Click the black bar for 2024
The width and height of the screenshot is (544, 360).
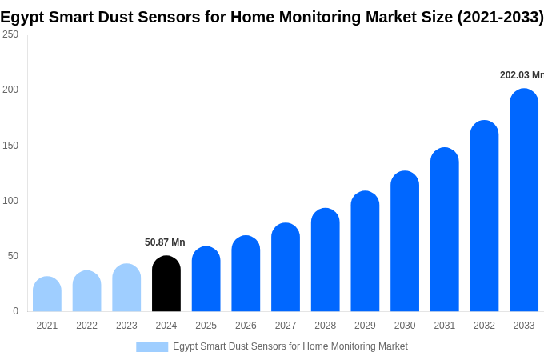pyautogui.click(x=166, y=284)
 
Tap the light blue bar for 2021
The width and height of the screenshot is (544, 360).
pyautogui.click(x=47, y=294)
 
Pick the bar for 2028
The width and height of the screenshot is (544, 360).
pyautogui.click(x=326, y=260)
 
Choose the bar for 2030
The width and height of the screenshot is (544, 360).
pyautogui.click(x=405, y=242)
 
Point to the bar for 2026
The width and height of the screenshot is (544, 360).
pyautogui.click(x=246, y=274)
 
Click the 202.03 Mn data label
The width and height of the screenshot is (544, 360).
pyautogui.click(x=522, y=75)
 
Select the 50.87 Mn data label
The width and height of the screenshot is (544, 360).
pyautogui.click(x=165, y=242)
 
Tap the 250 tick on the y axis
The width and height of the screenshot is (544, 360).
pyautogui.click(x=10, y=34)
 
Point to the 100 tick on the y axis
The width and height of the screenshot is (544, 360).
pyautogui.click(x=10, y=200)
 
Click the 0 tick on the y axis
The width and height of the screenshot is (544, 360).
pyautogui.click(x=15, y=311)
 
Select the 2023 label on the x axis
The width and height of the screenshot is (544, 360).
pyautogui.click(x=126, y=326)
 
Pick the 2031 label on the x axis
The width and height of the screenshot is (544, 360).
pyautogui.click(x=445, y=326)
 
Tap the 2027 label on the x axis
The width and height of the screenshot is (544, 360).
pyautogui.click(x=286, y=326)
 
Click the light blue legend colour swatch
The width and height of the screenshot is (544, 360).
pyautogui.click(x=152, y=346)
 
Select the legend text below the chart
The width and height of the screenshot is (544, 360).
pyautogui.click(x=290, y=346)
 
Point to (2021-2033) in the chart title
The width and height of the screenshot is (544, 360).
pyautogui.click(x=500, y=17)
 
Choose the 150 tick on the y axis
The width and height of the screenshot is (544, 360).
pyautogui.click(x=10, y=145)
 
